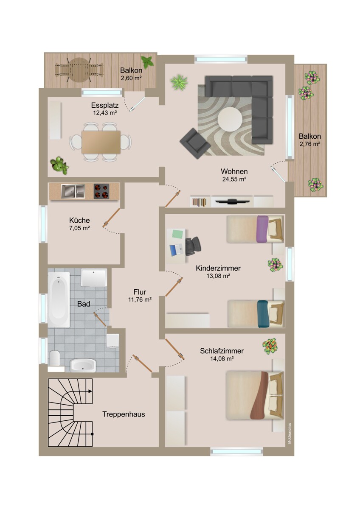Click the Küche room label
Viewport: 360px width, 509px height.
coord(79,220)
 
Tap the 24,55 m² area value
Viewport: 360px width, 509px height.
coord(234,179)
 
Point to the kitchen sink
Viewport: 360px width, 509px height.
coord(73,191)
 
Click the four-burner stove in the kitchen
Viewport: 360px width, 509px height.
coord(101,191)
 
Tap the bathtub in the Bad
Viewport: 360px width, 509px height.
coord(59,299)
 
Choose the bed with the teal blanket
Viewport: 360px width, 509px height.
coord(255,313)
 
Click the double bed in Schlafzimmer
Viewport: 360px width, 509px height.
coord(254,395)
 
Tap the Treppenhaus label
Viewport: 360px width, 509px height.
coord(124,414)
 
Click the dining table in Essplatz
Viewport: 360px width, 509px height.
coord(101,142)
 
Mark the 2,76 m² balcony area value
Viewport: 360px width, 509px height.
coord(309,144)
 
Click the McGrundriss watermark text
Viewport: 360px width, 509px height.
coord(289,433)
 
